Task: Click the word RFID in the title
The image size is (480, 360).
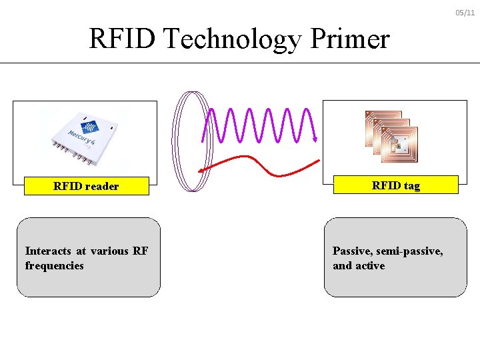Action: [123, 39]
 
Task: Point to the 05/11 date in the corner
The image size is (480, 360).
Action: [465, 13]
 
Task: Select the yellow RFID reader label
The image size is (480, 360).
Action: [86, 186]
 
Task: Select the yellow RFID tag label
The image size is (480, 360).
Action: [395, 185]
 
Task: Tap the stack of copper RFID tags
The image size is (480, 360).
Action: [391, 135]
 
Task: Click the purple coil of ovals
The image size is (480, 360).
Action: [187, 141]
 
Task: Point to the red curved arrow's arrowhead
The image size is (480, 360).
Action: [202, 170]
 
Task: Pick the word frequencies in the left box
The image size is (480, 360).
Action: [55, 266]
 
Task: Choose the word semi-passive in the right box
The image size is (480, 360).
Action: [409, 251]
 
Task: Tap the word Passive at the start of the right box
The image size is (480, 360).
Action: [353, 251]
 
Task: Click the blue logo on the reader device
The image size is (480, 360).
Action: [90, 126]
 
